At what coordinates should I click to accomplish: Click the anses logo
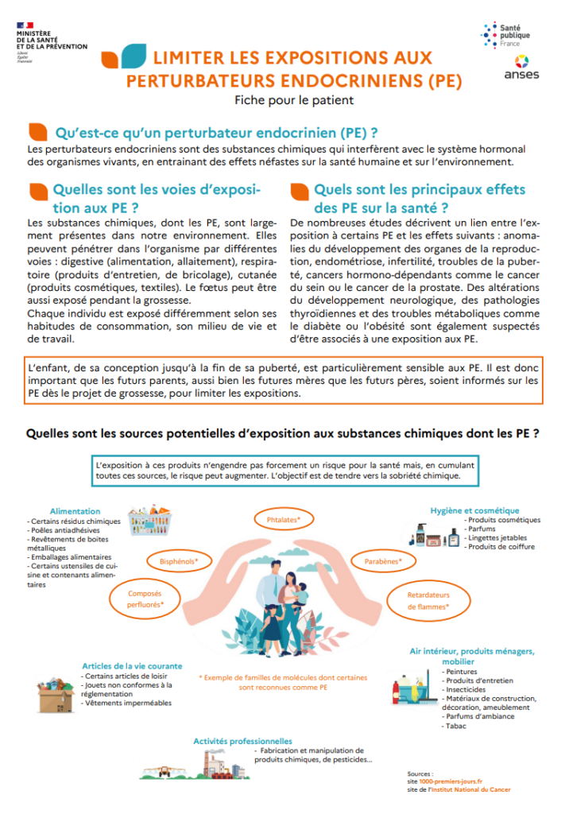(x=520, y=67)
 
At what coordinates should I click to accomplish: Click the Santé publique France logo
(x=506, y=34)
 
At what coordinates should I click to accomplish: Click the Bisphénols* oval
(x=178, y=560)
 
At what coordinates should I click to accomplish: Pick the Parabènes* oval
(x=383, y=560)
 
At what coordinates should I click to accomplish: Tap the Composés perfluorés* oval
(x=145, y=599)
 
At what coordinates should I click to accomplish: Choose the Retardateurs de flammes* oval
(x=428, y=600)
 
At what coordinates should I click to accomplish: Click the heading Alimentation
(x=75, y=511)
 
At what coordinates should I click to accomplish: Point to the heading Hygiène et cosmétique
(x=474, y=510)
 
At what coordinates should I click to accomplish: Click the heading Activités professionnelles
(x=242, y=741)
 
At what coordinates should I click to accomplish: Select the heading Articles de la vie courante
(x=132, y=666)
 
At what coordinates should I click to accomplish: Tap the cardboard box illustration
(x=54, y=696)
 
